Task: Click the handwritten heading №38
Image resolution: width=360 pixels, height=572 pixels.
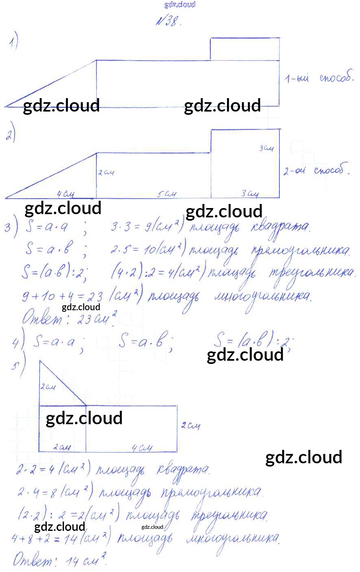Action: (x=167, y=22)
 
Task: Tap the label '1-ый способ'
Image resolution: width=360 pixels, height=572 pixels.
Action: (x=319, y=78)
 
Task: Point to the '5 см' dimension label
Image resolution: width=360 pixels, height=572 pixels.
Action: (x=166, y=194)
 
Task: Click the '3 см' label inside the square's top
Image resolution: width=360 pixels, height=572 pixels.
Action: (x=266, y=149)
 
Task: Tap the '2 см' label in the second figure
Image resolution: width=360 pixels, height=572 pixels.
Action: (x=106, y=173)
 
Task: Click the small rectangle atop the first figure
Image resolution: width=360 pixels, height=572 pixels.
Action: (x=245, y=48)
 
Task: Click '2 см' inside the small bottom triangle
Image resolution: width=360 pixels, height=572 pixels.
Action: (x=48, y=387)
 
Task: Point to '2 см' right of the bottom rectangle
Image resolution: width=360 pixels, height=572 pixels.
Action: (x=190, y=426)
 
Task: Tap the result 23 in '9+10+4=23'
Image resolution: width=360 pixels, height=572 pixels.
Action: (x=94, y=297)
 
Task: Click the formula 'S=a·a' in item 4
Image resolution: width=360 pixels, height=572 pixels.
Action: (x=54, y=342)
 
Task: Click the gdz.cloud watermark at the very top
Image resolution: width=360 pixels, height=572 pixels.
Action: (x=180, y=4)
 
